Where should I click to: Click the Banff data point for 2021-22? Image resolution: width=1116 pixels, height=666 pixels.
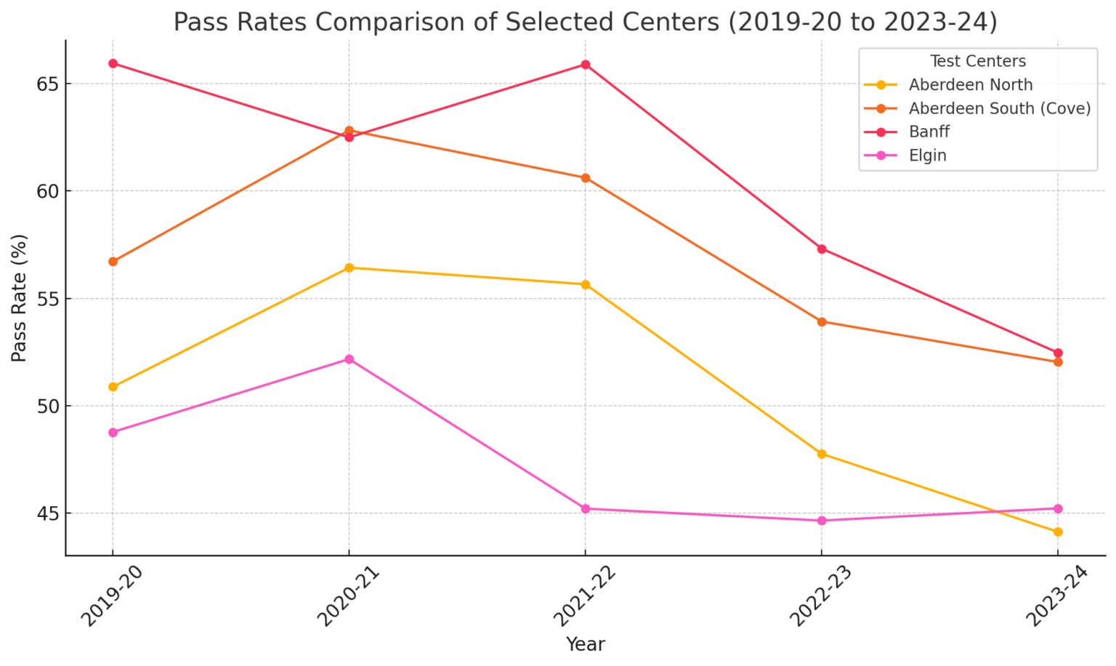[585, 65]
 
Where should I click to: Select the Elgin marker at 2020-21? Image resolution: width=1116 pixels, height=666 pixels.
[349, 359]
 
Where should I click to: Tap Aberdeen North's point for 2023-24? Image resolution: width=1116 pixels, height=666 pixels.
[1057, 532]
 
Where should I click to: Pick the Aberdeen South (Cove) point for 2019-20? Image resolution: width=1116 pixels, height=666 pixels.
[113, 262]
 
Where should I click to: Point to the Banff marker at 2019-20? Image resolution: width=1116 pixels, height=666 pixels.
[113, 63]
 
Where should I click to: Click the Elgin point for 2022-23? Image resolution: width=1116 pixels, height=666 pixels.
[821, 521]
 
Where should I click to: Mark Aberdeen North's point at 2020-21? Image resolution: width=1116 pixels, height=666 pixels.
[349, 268]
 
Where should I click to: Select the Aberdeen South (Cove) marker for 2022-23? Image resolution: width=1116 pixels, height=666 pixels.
[821, 322]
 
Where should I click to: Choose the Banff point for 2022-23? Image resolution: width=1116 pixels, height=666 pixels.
[821, 249]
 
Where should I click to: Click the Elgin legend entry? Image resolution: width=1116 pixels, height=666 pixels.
[927, 156]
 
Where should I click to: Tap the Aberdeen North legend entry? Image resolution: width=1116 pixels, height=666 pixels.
[970, 85]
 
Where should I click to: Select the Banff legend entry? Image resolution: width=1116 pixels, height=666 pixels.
[929, 132]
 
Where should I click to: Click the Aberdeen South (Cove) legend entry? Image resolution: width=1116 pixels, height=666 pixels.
[999, 108]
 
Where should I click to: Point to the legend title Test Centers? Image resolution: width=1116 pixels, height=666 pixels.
[977, 62]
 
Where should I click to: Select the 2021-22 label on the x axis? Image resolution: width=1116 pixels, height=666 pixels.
[581, 600]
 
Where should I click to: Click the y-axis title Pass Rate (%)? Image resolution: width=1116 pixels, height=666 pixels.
[20, 298]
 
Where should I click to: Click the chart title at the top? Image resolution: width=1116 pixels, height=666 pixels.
[585, 22]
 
